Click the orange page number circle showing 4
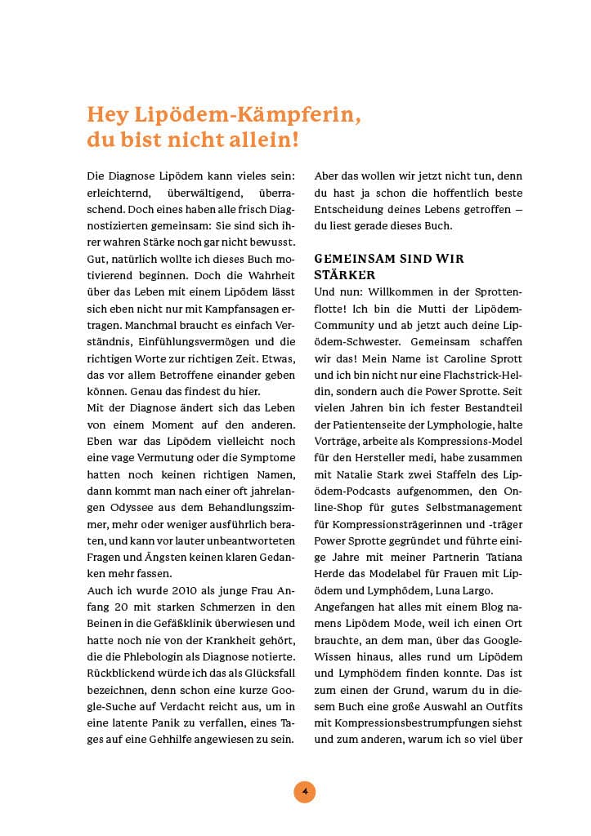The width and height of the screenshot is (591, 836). click(304, 791)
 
